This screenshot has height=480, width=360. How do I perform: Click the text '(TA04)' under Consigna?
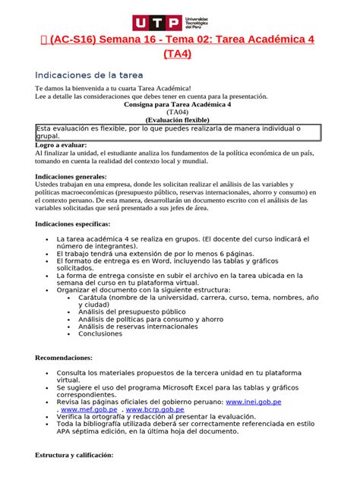[x=179, y=111]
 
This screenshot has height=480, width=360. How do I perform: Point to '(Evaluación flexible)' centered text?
[x=179, y=119]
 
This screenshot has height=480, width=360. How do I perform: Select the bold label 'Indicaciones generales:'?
[x=73, y=176]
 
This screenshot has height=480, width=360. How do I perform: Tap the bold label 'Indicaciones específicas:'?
[x=73, y=224]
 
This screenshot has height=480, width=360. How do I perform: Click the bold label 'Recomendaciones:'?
[x=64, y=357]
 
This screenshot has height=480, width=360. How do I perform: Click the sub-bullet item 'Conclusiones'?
[x=100, y=333]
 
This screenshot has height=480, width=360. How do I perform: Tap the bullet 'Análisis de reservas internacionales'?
[x=134, y=326]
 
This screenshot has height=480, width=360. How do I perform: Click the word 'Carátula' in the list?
[x=95, y=297]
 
